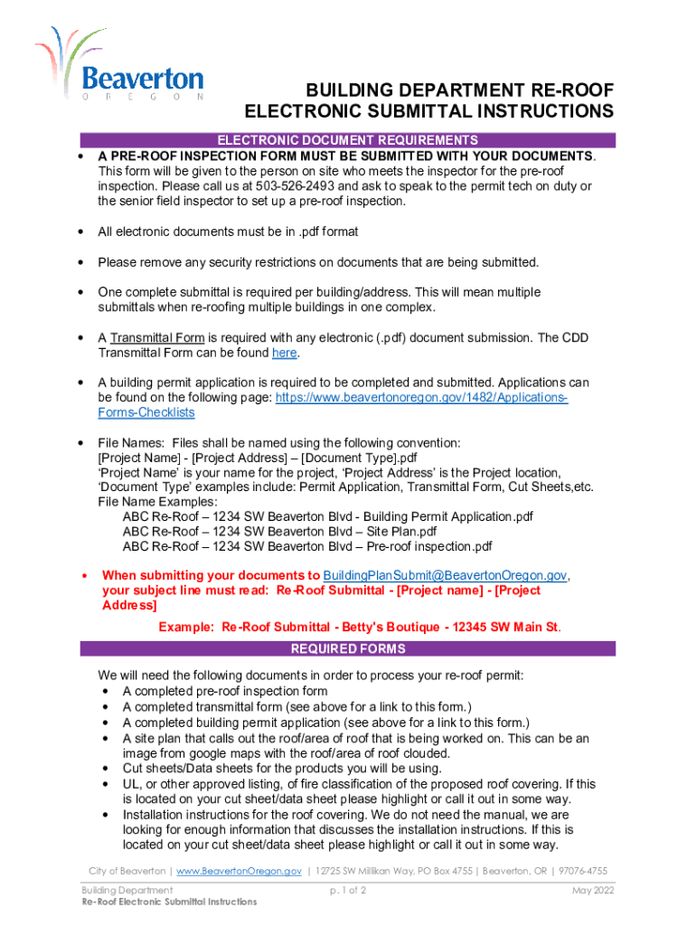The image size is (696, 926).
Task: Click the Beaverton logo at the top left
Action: pos(119,63)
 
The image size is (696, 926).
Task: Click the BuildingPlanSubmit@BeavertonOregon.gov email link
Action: pos(445,575)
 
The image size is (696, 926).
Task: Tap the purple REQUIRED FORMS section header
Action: pos(348,648)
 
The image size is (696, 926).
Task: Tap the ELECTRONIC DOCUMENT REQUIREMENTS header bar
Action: pos(348,140)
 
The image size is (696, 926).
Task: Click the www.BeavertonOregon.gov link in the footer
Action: pos(239,871)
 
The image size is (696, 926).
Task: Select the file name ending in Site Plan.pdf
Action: pos(279,532)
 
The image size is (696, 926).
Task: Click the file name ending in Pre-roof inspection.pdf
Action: pos(307,547)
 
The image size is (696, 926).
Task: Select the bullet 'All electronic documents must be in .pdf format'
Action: pos(228,231)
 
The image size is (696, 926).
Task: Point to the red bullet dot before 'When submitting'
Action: pos(84,575)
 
